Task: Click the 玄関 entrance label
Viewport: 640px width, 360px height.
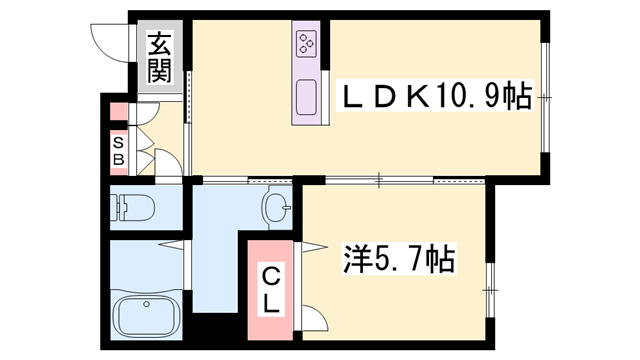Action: click(159, 57)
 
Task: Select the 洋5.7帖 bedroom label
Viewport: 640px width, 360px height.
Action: click(399, 258)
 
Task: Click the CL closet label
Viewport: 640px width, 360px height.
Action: click(270, 290)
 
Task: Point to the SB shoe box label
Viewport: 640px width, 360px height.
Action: click(118, 151)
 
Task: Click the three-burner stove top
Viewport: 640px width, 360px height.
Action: click(307, 43)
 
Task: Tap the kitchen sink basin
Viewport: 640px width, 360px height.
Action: click(306, 97)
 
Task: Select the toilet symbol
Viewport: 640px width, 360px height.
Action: click(134, 207)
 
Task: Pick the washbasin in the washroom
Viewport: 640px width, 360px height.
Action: click(276, 207)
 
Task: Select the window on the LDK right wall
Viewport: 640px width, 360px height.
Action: click(545, 97)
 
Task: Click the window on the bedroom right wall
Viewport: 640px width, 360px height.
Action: click(490, 289)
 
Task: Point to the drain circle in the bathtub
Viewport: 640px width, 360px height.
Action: click(146, 304)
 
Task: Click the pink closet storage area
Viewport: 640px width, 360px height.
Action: click(270, 290)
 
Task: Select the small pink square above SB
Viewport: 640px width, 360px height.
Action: click(119, 111)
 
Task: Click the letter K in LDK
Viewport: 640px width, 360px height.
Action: click(417, 97)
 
